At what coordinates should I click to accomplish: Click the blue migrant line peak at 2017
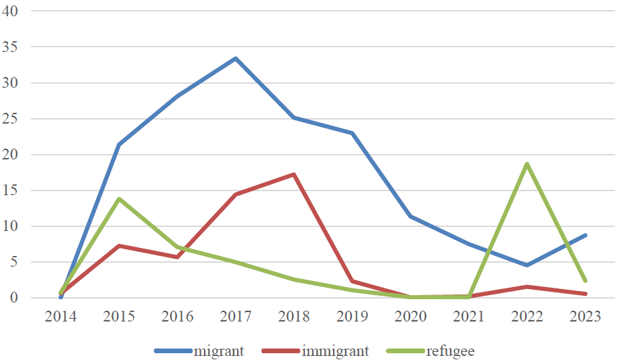click(235, 59)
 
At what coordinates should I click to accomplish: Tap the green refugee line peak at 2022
click(526, 164)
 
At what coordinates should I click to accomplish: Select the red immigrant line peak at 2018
click(294, 174)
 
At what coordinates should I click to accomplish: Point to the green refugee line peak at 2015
click(119, 199)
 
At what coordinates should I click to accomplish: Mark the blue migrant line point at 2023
click(585, 235)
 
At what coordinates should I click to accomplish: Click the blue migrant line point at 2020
click(410, 216)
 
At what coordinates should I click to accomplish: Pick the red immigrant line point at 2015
click(119, 246)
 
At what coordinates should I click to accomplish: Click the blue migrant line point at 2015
click(119, 145)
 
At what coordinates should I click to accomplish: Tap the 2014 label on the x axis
click(61, 317)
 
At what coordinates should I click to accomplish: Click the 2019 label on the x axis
click(352, 317)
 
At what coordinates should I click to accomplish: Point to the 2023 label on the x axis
click(585, 317)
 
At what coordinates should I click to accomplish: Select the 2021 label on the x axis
click(468, 317)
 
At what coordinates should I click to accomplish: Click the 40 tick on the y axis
click(11, 12)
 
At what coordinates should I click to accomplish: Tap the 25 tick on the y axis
click(11, 120)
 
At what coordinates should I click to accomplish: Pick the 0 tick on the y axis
click(15, 298)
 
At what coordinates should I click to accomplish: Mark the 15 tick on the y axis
click(11, 191)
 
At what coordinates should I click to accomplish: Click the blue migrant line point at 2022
click(526, 265)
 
